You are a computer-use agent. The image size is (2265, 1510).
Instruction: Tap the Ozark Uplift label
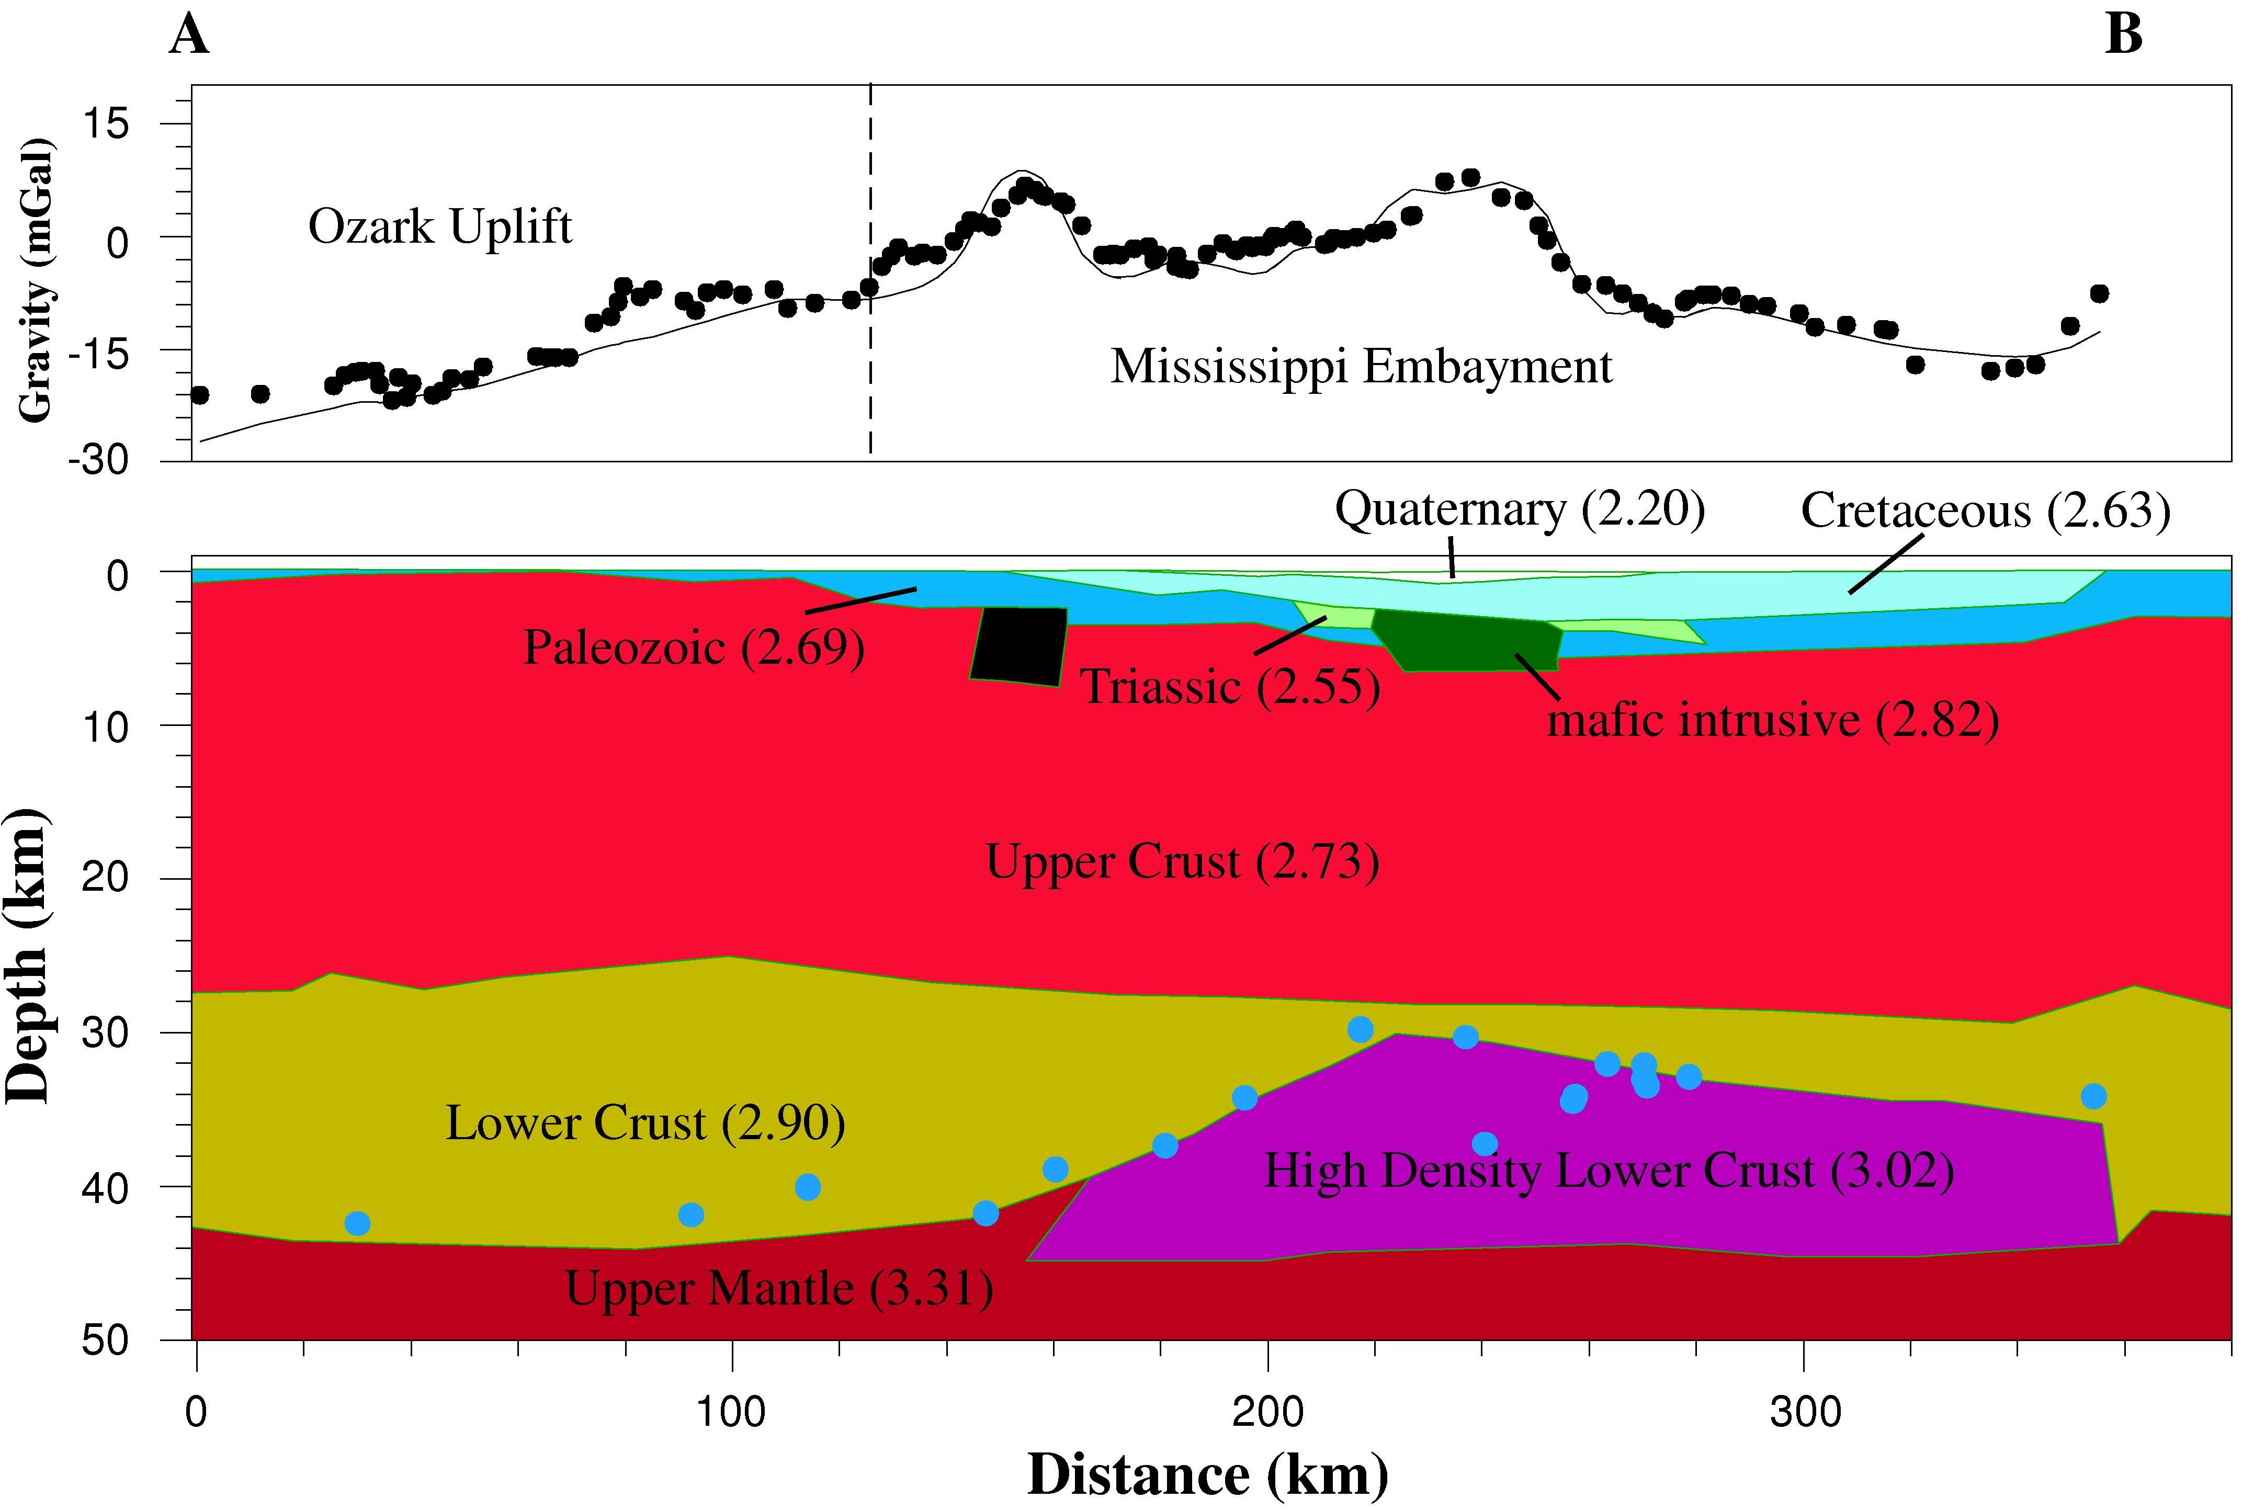click(x=440, y=228)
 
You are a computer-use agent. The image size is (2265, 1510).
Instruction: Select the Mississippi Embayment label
click(x=1361, y=367)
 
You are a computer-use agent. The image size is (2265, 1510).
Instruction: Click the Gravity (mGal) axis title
click(x=37, y=281)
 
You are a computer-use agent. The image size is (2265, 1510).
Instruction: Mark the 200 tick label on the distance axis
click(x=1267, y=1412)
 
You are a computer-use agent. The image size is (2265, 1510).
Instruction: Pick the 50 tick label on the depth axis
click(x=106, y=1341)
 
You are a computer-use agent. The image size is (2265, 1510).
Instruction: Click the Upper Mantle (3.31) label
click(x=778, y=1289)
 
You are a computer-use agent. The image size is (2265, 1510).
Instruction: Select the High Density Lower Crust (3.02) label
click(x=1608, y=1171)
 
